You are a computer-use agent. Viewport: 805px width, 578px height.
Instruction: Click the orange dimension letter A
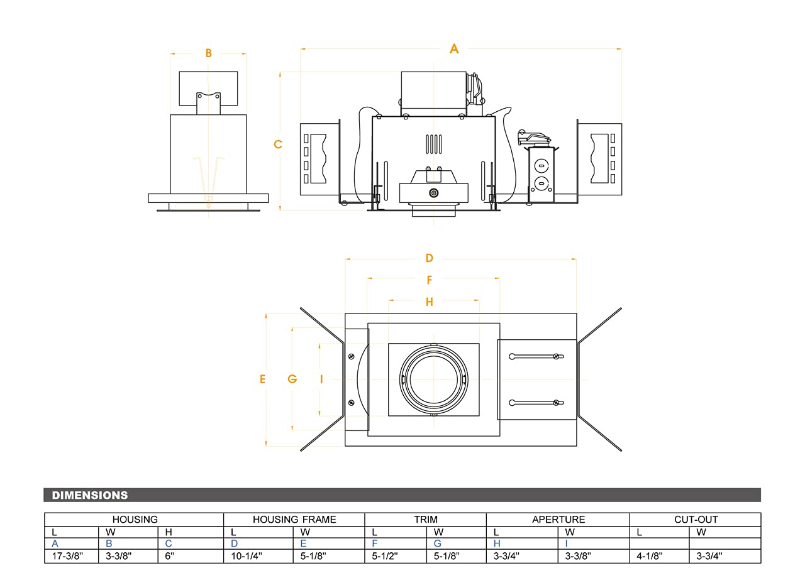(454, 49)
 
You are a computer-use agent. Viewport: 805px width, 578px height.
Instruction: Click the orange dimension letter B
(209, 53)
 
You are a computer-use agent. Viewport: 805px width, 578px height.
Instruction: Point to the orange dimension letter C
(278, 144)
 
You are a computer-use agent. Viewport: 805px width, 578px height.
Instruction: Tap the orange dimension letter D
(430, 258)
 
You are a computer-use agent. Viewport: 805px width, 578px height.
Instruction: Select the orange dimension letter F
(430, 280)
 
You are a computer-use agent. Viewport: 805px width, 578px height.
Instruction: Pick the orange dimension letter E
(263, 379)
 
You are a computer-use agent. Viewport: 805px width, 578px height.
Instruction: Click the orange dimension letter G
(292, 379)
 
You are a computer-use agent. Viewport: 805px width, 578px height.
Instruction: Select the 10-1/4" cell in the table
(246, 556)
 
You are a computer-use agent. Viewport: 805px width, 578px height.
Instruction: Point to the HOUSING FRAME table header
(294, 520)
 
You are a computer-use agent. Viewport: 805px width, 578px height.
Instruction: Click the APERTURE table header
(558, 520)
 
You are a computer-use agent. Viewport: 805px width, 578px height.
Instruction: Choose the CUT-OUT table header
(695, 520)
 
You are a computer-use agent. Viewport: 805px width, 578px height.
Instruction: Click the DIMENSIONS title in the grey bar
(90, 495)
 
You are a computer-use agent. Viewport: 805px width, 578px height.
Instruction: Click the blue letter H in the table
(497, 543)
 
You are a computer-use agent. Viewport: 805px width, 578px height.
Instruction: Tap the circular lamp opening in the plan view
(434, 379)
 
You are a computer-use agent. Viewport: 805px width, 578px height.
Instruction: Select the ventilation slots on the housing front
(434, 144)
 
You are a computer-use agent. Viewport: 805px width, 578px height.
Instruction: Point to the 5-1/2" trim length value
(385, 556)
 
